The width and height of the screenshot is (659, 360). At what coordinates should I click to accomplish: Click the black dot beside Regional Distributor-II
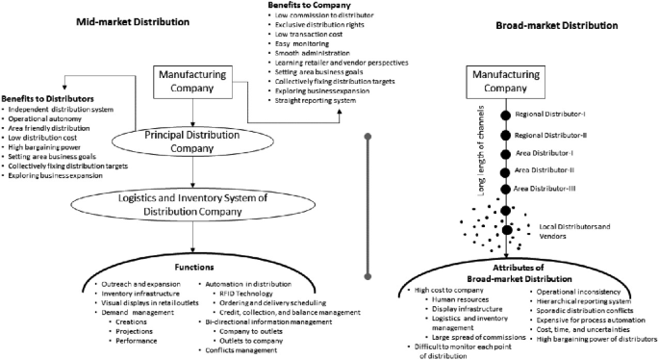click(504, 136)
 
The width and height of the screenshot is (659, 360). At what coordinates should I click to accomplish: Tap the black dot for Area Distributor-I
click(504, 154)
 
